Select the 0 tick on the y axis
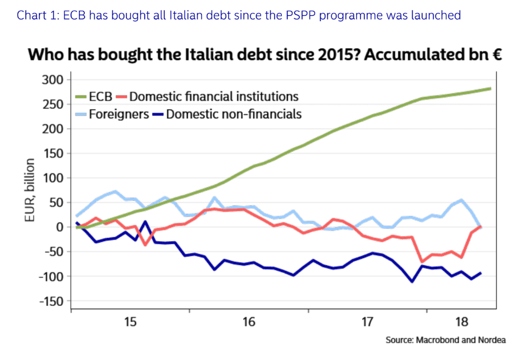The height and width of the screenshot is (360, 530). pyautogui.click(x=60, y=227)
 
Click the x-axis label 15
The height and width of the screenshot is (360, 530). pyautogui.click(x=131, y=322)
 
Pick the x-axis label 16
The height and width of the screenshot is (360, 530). pyautogui.click(x=249, y=322)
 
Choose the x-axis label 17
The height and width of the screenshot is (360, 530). pyautogui.click(x=367, y=322)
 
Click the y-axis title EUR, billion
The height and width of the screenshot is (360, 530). pyautogui.click(x=30, y=190)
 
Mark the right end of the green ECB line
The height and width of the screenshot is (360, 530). pyautogui.click(x=490, y=89)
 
